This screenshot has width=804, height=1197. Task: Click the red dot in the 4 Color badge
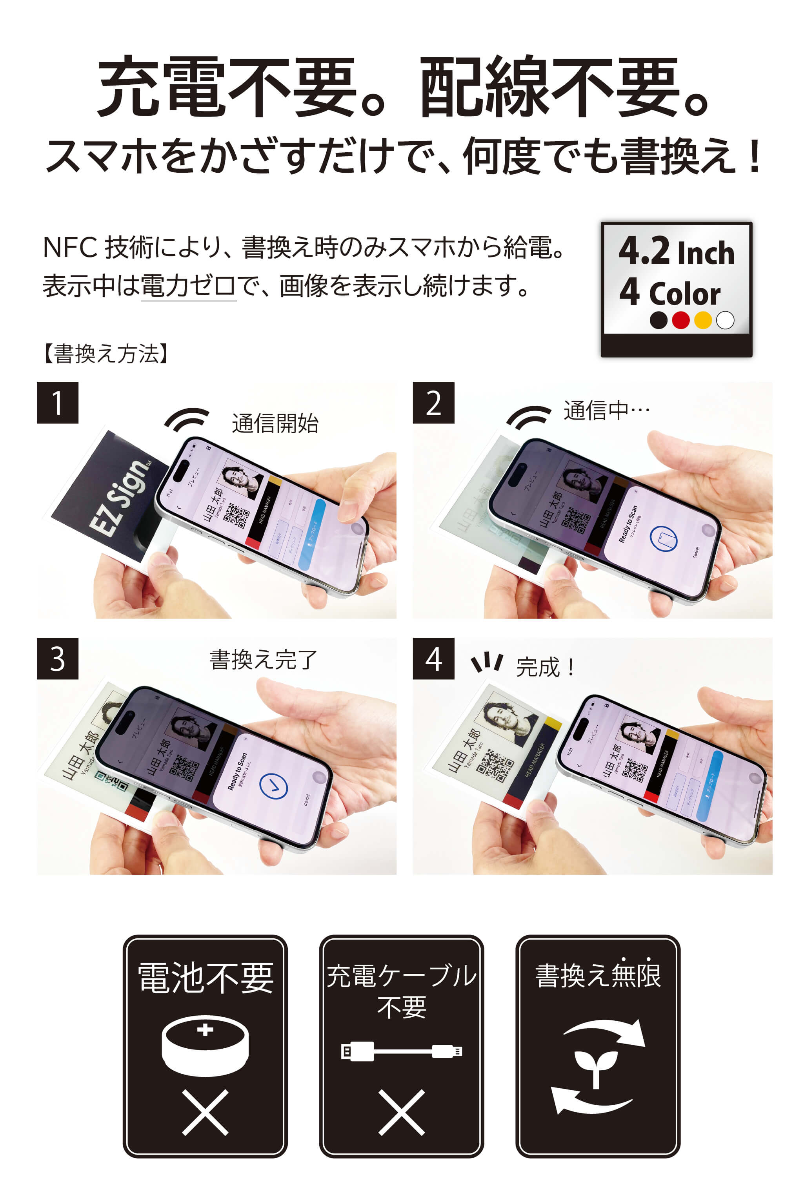pos(680,320)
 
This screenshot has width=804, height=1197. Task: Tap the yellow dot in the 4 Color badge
pos(702,320)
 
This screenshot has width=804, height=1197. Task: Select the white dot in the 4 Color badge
pos(725,320)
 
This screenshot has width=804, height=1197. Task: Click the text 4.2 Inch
pos(676,252)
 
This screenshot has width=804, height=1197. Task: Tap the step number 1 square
pos(57,403)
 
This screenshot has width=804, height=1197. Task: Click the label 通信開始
pos(275,424)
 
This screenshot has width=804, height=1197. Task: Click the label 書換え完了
pos(264,660)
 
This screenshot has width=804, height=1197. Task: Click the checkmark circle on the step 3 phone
pos(273,786)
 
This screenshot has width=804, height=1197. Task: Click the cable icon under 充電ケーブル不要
pos(402,1051)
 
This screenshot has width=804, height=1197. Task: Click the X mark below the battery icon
pos(205,1112)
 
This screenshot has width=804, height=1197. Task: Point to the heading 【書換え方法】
pos(106,354)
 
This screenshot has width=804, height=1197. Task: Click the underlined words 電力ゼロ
pos(188,286)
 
